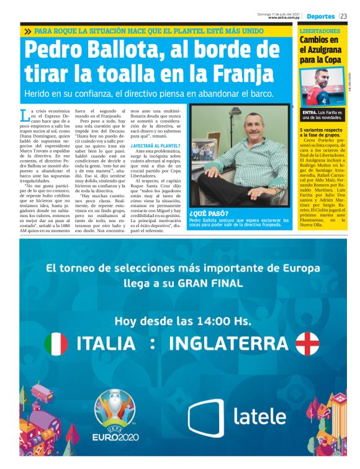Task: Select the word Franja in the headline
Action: point(236,74)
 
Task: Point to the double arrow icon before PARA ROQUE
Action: point(28,30)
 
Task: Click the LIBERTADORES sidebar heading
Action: point(320,30)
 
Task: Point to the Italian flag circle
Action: point(56,343)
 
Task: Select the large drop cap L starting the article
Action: point(24,115)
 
